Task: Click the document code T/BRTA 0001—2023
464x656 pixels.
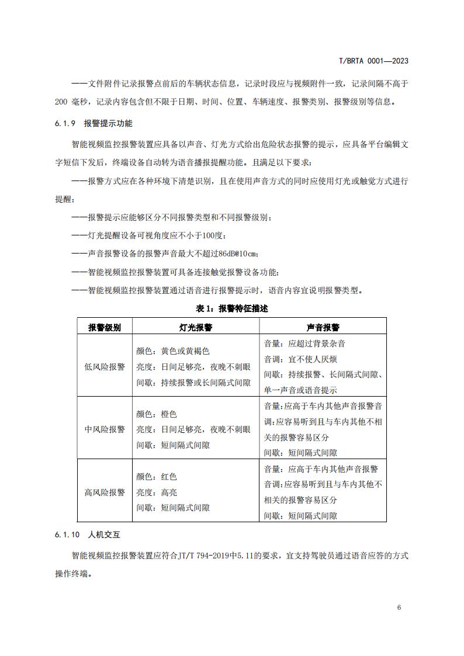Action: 373,61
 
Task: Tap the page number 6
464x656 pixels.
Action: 399,607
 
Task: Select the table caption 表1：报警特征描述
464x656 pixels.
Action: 232,308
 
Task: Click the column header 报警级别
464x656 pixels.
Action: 105,328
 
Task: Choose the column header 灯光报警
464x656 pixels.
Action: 196,328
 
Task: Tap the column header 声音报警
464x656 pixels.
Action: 323,328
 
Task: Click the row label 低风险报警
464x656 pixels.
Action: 105,367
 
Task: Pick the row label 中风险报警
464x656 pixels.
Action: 105,429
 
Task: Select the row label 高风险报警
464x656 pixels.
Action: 105,492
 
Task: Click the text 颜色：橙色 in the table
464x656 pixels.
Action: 157,414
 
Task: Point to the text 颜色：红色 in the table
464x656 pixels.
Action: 157,477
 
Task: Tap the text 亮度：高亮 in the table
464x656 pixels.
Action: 157,492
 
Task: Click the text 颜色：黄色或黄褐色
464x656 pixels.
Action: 173,352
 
